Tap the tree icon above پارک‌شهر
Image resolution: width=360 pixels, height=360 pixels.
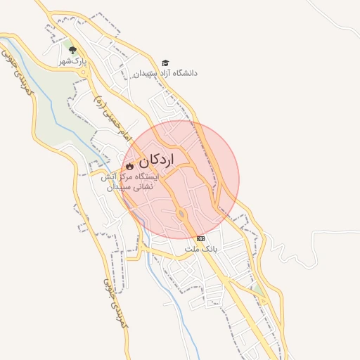coord(73,50)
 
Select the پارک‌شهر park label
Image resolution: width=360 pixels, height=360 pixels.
coord(73,61)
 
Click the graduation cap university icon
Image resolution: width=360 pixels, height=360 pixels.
coord(165,63)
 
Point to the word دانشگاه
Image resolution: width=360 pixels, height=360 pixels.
coord(184,73)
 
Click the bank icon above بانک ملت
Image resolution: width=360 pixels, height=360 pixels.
coord(201,239)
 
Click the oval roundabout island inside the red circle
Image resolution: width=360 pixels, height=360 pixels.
coord(181,214)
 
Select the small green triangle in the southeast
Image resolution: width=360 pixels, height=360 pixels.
coord(259,290)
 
